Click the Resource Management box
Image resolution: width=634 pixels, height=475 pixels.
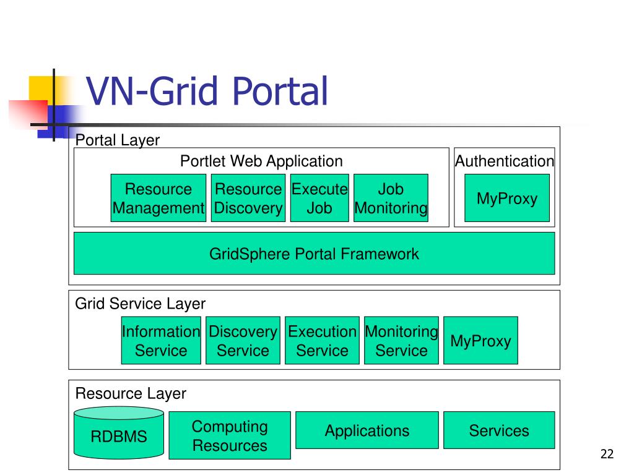tap(158, 198)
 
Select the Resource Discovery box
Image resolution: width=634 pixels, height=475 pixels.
tap(248, 198)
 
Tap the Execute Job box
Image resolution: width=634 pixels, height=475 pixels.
tap(319, 198)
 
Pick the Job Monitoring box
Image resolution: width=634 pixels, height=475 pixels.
tap(391, 198)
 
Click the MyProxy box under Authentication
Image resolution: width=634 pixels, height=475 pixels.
tap(507, 198)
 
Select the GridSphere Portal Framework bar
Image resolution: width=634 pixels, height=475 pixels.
tap(314, 253)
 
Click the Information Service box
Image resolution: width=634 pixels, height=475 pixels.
tap(161, 341)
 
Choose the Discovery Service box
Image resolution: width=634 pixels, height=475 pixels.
tap(243, 341)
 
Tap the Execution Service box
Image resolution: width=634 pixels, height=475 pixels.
tap(322, 341)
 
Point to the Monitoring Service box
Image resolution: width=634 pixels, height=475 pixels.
tap(401, 341)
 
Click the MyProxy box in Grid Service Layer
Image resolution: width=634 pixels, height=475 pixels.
tap(480, 341)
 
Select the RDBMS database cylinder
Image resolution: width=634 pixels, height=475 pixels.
tap(119, 433)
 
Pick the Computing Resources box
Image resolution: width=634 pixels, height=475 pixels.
tap(230, 435)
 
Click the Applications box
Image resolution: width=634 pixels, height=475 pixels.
tap(367, 430)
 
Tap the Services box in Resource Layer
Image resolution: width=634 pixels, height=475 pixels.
tap(499, 430)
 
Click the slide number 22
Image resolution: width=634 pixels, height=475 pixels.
tap(607, 454)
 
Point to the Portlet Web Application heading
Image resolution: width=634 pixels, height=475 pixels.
tap(261, 161)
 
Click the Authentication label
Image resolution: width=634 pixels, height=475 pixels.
tap(504, 161)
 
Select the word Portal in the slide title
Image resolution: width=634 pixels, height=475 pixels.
tap(280, 91)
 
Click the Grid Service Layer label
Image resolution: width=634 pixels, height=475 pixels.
tap(141, 304)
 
